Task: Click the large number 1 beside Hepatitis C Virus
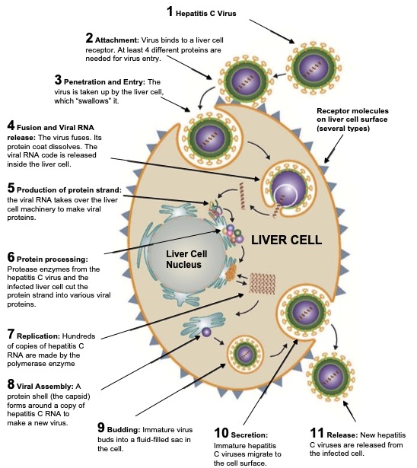point(170,11)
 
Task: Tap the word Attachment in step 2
point(117,40)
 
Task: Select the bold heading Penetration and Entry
point(104,81)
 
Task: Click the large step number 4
point(11,126)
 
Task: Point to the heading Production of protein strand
point(69,190)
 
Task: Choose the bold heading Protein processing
point(53,259)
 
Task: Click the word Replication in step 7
point(39,336)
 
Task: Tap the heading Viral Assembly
point(45,387)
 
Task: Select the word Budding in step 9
point(123,430)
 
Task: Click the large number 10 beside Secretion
point(221,433)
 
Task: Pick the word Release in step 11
point(342,435)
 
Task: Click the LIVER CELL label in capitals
point(286,240)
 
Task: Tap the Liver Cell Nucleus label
point(186,259)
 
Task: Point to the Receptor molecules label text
point(352,119)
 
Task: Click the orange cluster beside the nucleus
point(231,272)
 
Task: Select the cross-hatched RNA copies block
point(262,284)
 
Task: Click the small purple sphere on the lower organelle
point(206,332)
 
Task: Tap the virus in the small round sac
point(245,354)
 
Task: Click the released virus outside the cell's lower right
point(331,376)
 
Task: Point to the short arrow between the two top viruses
point(280,75)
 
